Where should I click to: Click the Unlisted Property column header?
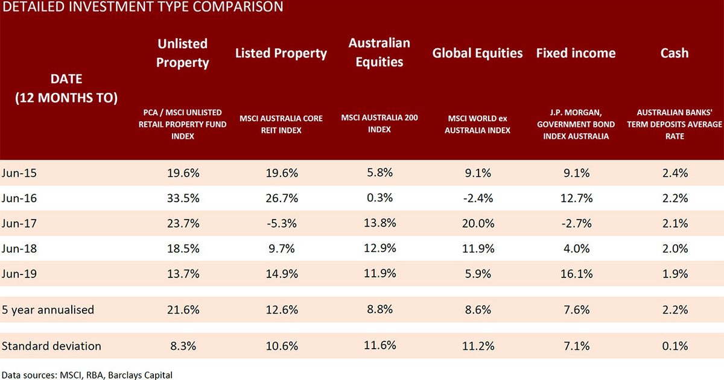pos(182,53)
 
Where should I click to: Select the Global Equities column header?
pos(477,53)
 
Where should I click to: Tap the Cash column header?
pos(674,53)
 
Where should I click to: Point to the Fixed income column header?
pos(576,53)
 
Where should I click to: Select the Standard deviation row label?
pos(52,346)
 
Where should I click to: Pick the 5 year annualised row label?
pos(48,310)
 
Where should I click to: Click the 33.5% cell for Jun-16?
pos(182,198)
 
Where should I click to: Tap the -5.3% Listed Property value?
pos(281,224)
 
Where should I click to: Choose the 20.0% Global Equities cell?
pos(477,224)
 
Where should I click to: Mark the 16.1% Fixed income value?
pos(576,274)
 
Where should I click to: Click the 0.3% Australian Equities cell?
pos(379,198)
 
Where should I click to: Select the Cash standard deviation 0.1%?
pos(674,346)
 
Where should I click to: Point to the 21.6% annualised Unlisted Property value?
pos(182,310)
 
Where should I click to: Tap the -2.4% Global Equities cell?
pos(477,198)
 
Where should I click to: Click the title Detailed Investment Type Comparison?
pos(142,7)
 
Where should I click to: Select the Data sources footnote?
pos(87,375)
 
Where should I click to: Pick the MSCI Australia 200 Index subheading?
pos(379,124)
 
